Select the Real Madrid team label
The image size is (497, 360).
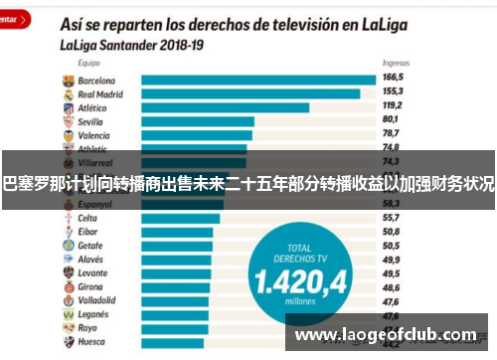coord(100,93)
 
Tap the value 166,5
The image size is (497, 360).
coord(394,76)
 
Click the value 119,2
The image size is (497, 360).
coord(394,103)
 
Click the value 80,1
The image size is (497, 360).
coord(392,117)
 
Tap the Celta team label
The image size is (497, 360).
coord(87,218)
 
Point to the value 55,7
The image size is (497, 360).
coord(392,216)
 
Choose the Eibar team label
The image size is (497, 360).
coord(87,232)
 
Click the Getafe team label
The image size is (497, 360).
coord(90,246)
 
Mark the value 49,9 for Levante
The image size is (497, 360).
coord(392,271)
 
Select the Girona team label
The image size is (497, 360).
coord(90,286)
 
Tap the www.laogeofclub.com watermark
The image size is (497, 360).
coord(389,335)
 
